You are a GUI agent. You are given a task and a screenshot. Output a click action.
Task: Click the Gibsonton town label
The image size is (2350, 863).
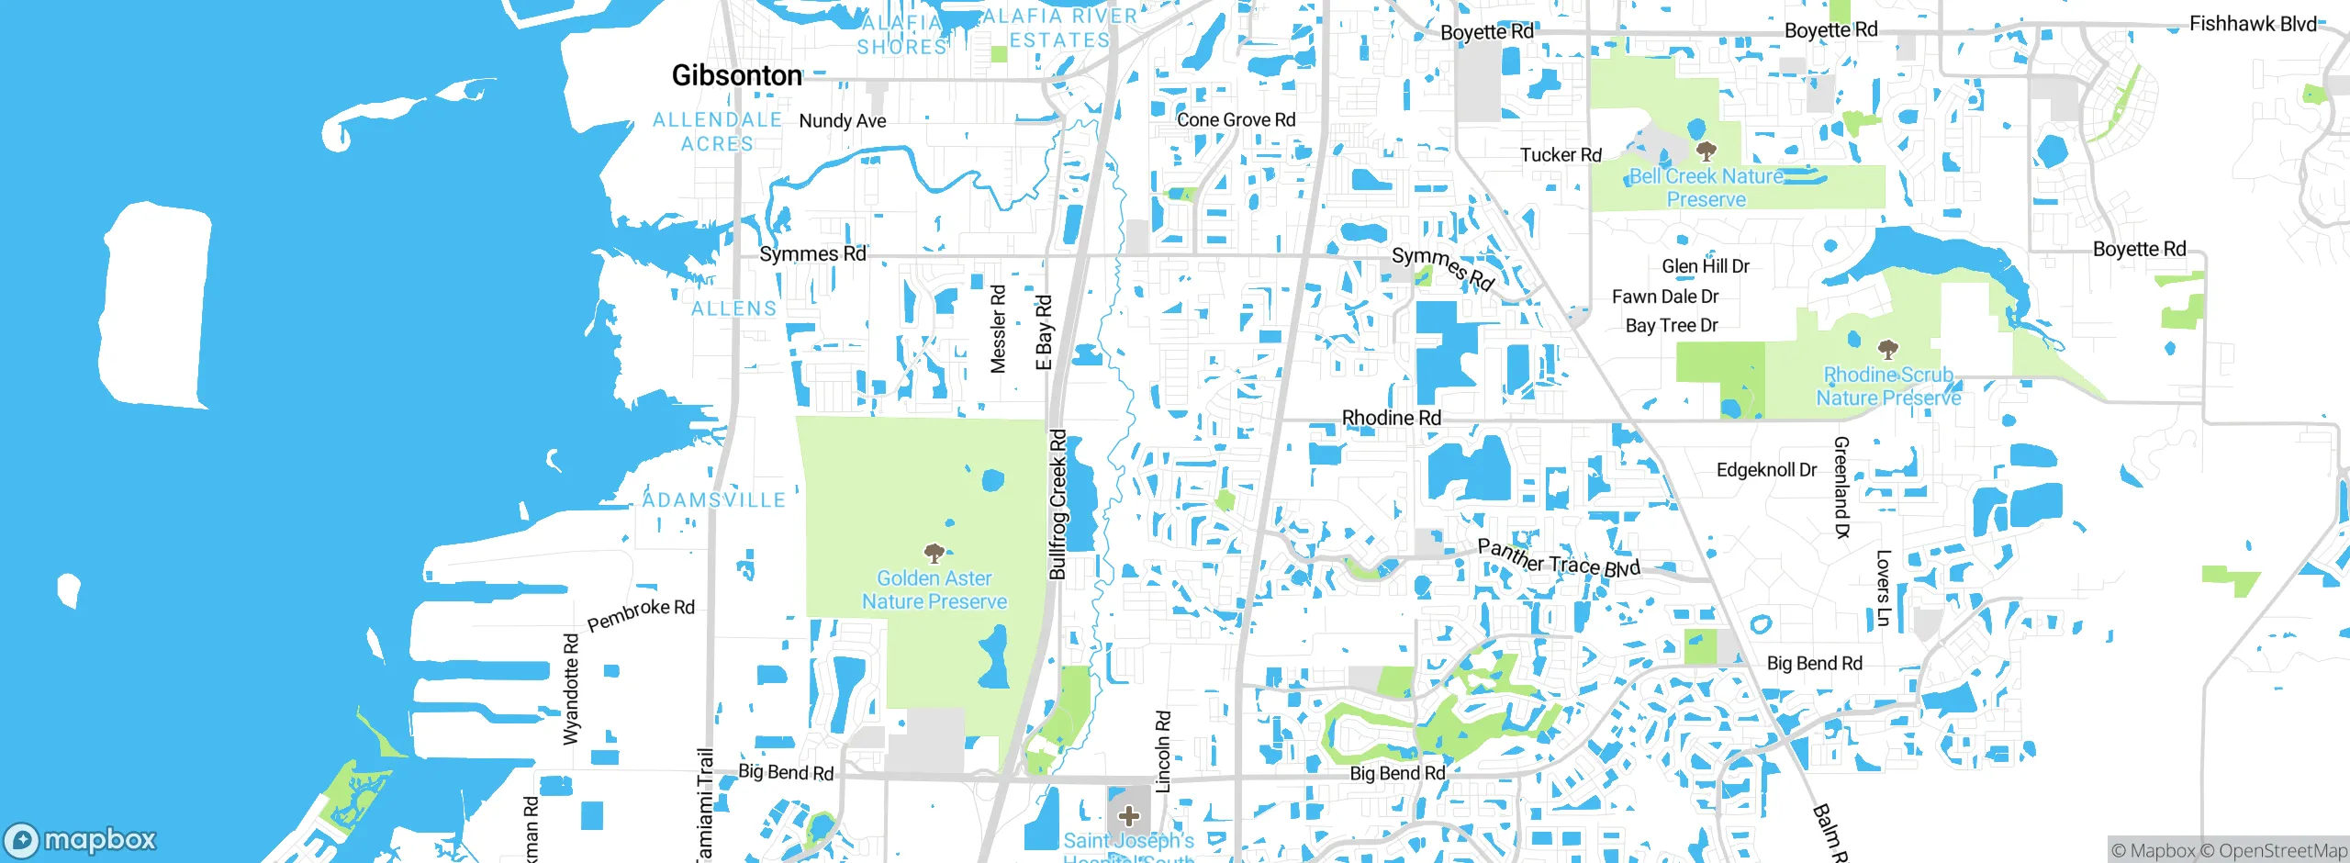(736, 75)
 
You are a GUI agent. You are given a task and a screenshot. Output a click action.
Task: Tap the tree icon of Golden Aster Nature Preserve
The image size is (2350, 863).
(934, 553)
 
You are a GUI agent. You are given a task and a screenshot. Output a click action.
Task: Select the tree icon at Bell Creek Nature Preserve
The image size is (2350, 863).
(1706, 151)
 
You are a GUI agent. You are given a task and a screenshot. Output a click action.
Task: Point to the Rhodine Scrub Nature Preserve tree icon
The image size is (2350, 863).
(1887, 349)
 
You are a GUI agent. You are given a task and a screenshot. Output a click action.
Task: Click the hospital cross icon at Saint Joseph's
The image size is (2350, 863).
(1128, 815)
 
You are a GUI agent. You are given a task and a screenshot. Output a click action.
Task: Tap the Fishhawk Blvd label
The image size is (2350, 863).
(2253, 24)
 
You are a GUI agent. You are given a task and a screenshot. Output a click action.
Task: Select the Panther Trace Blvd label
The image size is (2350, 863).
(1558, 559)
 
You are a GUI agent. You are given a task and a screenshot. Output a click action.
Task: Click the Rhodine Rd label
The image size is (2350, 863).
(1391, 418)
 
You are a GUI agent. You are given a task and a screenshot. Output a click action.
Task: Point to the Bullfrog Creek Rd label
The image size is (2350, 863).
(1057, 505)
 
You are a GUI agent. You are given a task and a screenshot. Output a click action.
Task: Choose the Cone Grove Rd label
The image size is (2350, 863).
(1236, 119)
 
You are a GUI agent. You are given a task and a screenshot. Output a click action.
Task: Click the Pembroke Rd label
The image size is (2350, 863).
(641, 614)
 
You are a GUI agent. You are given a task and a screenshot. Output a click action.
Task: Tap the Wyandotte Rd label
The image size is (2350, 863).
(571, 689)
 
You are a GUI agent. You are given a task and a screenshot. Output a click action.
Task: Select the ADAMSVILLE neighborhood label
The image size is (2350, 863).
(713, 500)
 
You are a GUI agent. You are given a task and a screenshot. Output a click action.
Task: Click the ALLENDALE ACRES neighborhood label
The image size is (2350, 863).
(717, 132)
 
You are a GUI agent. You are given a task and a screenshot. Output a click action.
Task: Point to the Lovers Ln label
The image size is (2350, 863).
(1883, 588)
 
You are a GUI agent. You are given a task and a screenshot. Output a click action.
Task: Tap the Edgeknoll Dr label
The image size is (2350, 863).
(1766, 470)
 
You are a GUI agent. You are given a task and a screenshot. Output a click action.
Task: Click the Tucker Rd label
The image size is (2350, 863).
(1561, 155)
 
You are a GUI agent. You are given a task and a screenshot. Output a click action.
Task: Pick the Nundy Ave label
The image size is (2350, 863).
(842, 121)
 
